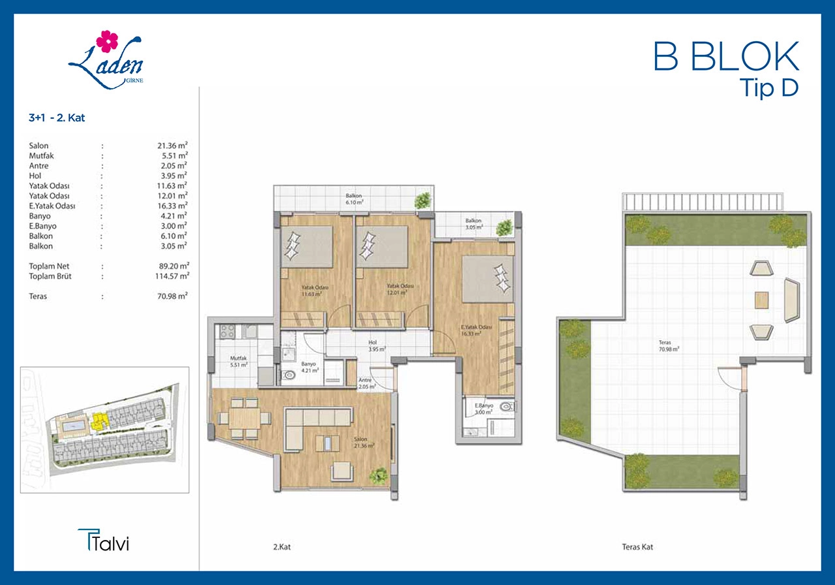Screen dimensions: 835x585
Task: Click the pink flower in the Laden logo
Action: (107, 41)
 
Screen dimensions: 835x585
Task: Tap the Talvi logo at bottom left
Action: (103, 540)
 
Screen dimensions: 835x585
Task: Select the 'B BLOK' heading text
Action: (727, 56)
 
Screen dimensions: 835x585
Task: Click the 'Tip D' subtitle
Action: (768, 88)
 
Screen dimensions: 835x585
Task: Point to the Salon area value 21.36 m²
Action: (172, 146)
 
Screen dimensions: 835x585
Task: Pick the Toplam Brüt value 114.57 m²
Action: (172, 276)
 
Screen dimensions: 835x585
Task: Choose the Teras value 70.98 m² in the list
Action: (172, 296)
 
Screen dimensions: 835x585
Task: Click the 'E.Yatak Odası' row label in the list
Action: (52, 206)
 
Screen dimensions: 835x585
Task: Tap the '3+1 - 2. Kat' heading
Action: (57, 118)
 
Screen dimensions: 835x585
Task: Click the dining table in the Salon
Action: (245, 419)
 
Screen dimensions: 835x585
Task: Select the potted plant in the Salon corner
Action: (378, 476)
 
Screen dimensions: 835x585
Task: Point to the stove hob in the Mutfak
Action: (227, 331)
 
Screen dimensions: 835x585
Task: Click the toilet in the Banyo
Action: (288, 374)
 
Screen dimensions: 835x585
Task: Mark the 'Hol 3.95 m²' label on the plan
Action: (377, 346)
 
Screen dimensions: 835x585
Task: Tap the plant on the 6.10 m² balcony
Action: (423, 200)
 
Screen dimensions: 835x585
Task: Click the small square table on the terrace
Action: (761, 300)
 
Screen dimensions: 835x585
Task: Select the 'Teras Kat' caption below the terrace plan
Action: (637, 547)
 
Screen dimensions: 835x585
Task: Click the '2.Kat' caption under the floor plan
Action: (282, 547)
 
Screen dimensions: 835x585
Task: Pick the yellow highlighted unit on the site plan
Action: (100, 421)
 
